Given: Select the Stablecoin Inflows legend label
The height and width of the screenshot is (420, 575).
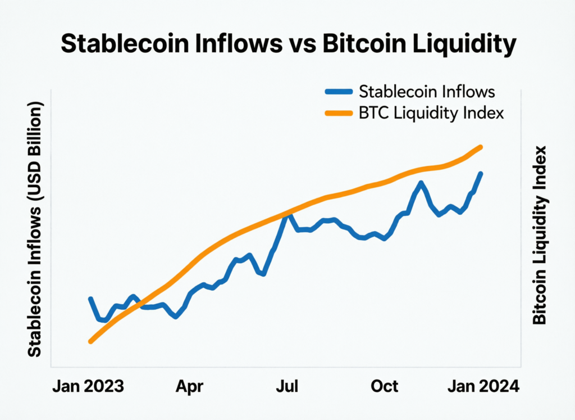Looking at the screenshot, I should coord(427,91).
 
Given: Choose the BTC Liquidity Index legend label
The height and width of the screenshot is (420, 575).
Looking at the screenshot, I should coord(431,113).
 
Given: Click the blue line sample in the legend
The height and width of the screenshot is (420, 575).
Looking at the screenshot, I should coord(339,91).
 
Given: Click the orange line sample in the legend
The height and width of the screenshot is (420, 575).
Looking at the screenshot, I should coord(339,114).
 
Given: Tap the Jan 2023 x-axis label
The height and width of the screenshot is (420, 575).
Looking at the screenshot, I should coord(88,387).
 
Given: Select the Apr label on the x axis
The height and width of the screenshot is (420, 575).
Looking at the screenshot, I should coord(190,387).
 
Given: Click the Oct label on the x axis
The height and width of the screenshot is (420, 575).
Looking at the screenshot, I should coord(385,387).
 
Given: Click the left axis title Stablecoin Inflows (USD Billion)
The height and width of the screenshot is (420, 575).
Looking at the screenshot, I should coord(35,230).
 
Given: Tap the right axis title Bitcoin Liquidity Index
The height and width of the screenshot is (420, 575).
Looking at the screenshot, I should coord(539,235).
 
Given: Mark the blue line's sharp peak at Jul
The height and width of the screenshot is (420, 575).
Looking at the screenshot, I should coord(287,214).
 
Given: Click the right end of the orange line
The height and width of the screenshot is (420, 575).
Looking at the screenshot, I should coord(481,147).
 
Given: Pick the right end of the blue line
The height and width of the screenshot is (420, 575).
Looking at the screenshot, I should coord(481,173).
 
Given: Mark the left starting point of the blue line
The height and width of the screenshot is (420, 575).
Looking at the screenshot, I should coord(90,299).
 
